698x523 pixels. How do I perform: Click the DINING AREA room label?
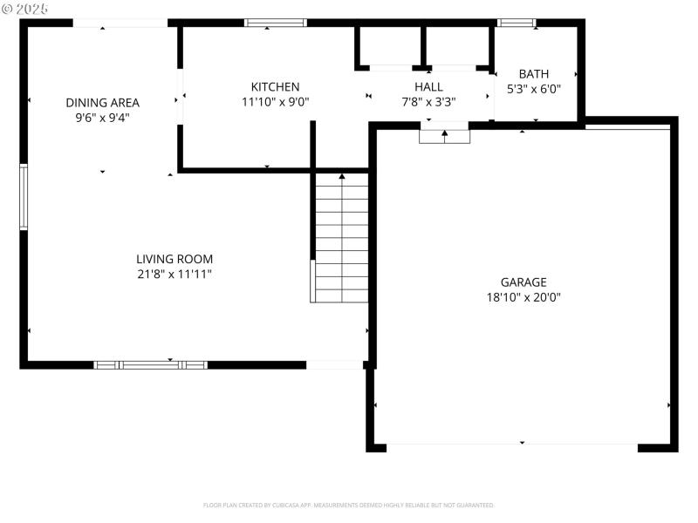[x=102, y=102]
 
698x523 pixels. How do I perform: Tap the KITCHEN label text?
[x=275, y=86]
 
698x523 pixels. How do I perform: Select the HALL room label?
[x=428, y=86]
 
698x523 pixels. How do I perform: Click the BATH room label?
[x=534, y=74]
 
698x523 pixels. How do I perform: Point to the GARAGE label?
[x=523, y=282]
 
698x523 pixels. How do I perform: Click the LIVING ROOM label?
[x=174, y=259]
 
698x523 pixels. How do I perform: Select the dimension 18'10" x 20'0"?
[x=523, y=297]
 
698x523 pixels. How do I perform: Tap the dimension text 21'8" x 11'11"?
[x=174, y=274]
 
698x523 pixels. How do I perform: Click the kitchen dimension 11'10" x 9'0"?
[x=275, y=101]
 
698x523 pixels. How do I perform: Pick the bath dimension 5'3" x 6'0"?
[x=534, y=89]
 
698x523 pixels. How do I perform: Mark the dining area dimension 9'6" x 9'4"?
[x=102, y=117]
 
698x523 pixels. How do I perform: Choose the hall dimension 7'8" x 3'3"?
[x=428, y=101]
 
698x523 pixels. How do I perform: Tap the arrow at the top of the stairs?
[x=342, y=177]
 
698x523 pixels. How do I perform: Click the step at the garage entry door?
[x=444, y=136]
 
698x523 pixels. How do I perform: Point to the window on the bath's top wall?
[x=516, y=23]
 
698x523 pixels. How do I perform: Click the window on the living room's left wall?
[x=24, y=197]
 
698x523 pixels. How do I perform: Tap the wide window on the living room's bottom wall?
[x=150, y=364]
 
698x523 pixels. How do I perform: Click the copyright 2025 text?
[x=25, y=8]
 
